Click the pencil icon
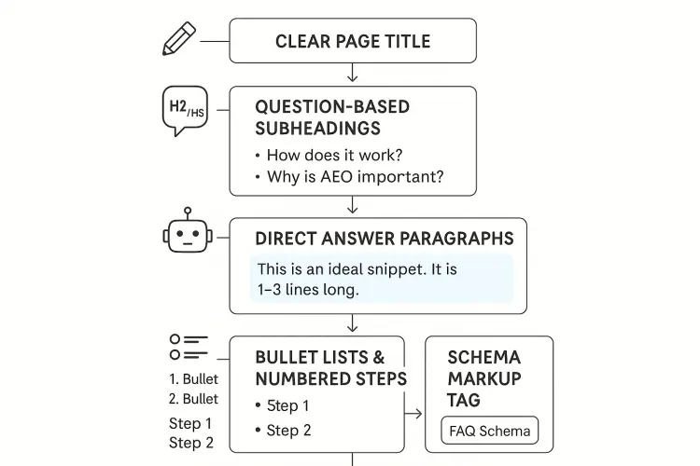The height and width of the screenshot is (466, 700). pyautogui.click(x=179, y=40)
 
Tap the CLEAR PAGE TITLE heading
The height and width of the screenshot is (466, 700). pyautogui.click(x=353, y=41)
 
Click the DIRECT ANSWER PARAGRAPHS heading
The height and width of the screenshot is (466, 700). pyautogui.click(x=384, y=239)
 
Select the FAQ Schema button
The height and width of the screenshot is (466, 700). pyautogui.click(x=489, y=431)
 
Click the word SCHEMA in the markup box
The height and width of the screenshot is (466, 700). pyautogui.click(x=483, y=357)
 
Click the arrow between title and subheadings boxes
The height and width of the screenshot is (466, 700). pyautogui.click(x=353, y=74)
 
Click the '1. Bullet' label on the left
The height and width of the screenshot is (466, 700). pyautogui.click(x=194, y=379)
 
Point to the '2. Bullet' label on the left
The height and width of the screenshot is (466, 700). pyautogui.click(x=194, y=399)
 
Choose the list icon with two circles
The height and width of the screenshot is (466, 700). pyautogui.click(x=189, y=347)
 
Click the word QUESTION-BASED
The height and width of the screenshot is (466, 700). pyautogui.click(x=331, y=106)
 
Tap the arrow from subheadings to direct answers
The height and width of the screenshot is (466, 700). pyautogui.click(x=353, y=206)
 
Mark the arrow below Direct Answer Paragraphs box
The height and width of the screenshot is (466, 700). pyautogui.click(x=353, y=324)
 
